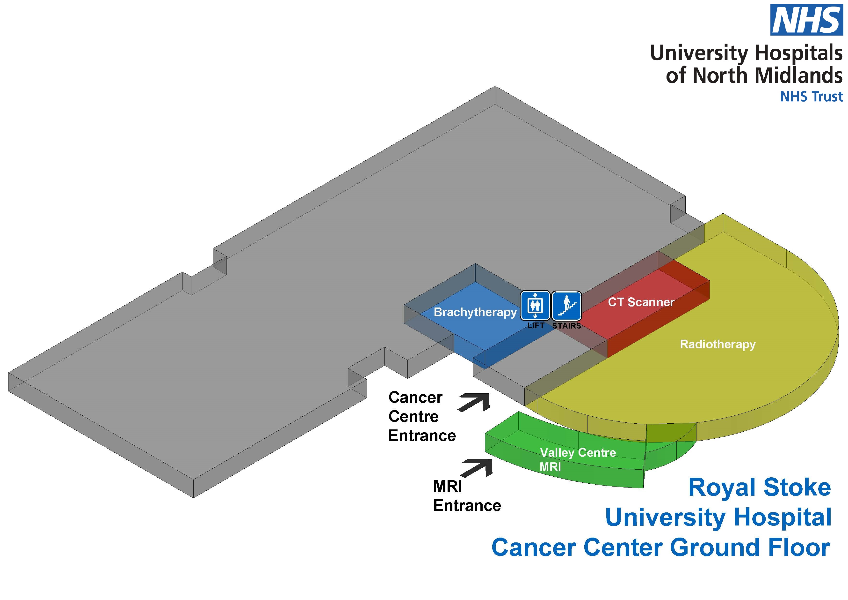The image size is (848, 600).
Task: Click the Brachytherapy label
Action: [x=475, y=312]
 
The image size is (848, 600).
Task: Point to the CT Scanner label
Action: [x=641, y=302]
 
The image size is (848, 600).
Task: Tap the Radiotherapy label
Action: [x=718, y=344]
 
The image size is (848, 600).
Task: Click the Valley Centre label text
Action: [x=578, y=453]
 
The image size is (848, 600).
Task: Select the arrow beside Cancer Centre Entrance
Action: [x=475, y=402]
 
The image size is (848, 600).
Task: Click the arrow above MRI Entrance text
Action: [x=478, y=468]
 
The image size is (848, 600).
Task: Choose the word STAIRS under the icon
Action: [x=566, y=326]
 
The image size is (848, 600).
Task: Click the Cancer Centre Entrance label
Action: [x=422, y=417]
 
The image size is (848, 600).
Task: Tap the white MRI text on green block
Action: [x=550, y=467]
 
